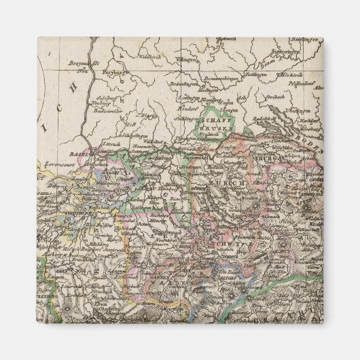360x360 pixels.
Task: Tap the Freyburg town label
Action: coord(114,71)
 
